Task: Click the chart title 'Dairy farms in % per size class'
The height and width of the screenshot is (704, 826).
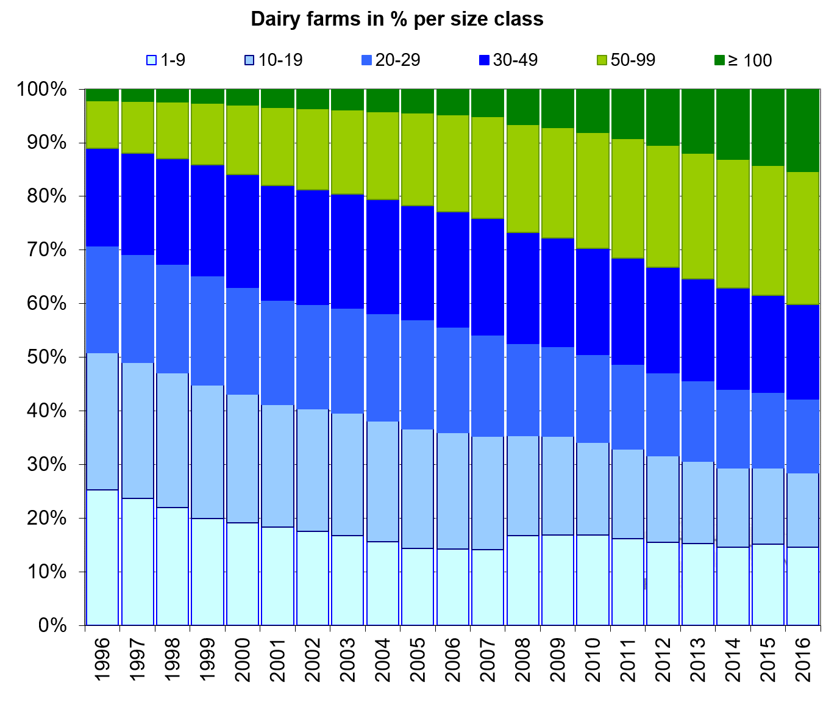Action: [397, 19]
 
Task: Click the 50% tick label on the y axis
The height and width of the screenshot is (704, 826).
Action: [42, 357]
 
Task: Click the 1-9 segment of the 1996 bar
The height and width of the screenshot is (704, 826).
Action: [102, 557]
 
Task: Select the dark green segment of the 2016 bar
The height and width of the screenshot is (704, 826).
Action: [802, 130]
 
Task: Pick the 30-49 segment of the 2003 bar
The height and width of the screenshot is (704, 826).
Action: [347, 251]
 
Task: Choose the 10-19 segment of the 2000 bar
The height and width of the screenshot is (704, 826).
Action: [243, 458]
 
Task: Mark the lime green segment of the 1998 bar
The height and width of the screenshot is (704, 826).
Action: [173, 131]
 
